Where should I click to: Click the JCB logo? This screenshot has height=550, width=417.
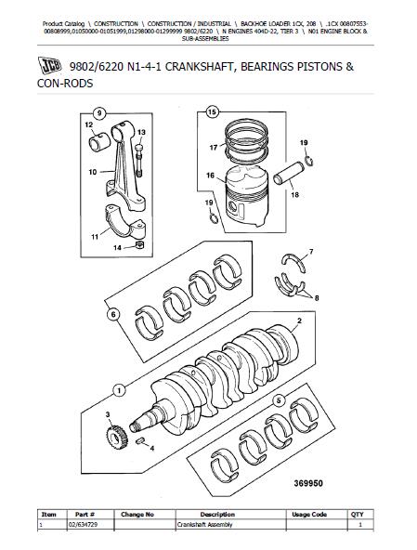pyautogui.click(x=49, y=65)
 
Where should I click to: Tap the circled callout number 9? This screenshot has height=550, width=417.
pyautogui.click(x=99, y=113)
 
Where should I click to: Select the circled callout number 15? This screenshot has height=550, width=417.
pyautogui.click(x=212, y=112)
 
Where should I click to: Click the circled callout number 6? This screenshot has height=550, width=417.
pyautogui.click(x=113, y=315)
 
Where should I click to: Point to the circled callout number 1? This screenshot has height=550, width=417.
pyautogui.click(x=119, y=390)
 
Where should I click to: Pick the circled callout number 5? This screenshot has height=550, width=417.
pyautogui.click(x=279, y=400)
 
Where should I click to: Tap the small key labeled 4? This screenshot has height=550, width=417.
pyautogui.click(x=139, y=440)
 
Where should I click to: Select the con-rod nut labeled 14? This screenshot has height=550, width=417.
pyautogui.click(x=139, y=244)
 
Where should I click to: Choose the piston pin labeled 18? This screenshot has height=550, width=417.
pyautogui.click(x=287, y=174)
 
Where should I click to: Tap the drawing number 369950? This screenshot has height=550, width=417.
pyautogui.click(x=308, y=483)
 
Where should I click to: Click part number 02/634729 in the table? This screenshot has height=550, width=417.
pyautogui.click(x=83, y=525)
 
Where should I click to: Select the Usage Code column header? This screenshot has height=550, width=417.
pyautogui.click(x=309, y=515)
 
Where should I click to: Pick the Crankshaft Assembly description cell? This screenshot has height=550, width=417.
pyautogui.click(x=204, y=525)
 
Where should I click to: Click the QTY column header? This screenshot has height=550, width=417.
pyautogui.click(x=357, y=515)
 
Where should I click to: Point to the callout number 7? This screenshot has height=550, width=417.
pyautogui.click(x=311, y=252)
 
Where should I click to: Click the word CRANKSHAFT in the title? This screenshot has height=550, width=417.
pyautogui.click(x=199, y=67)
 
